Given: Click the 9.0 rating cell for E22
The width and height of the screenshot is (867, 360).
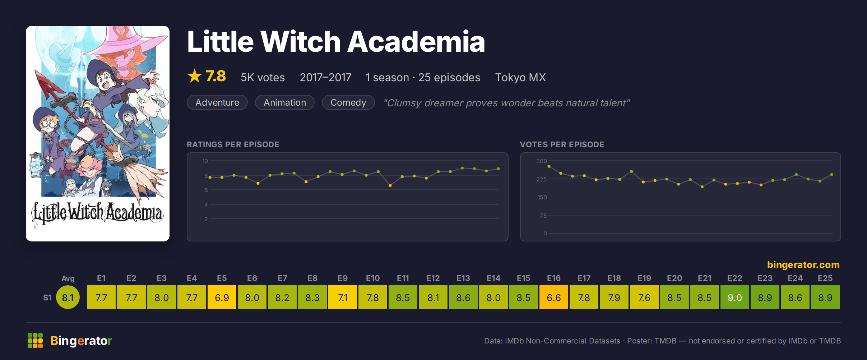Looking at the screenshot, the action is click(x=734, y=297).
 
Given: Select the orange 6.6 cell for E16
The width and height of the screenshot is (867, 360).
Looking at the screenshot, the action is click(x=553, y=297).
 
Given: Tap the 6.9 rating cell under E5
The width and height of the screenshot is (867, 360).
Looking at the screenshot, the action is click(x=222, y=297).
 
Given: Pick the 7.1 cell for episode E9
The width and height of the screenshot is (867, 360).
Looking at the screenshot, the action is click(x=342, y=297).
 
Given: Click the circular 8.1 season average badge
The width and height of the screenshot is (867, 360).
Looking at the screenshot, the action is click(x=68, y=297).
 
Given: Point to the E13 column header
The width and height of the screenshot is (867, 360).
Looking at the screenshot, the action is click(x=463, y=278).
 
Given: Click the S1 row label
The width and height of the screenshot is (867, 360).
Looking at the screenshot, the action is click(x=47, y=297).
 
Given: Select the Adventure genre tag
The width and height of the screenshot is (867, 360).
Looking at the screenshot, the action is click(x=217, y=102).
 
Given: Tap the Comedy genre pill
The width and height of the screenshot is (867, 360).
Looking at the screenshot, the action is click(x=348, y=102).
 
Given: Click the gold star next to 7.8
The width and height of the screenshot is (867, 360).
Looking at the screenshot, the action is click(x=195, y=76).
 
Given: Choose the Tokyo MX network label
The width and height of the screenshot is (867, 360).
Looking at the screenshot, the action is click(x=520, y=77).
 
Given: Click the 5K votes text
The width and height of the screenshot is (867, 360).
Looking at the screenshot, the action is click(x=263, y=77).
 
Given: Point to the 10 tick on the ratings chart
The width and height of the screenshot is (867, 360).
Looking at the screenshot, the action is click(x=205, y=161).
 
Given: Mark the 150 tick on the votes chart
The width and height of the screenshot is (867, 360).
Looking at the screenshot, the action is click(x=542, y=197).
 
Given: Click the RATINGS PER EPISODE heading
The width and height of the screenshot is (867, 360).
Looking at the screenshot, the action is click(x=233, y=144).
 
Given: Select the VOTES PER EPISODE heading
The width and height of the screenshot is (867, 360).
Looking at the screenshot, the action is click(x=562, y=144).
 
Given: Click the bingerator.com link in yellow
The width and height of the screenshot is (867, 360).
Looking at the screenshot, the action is click(x=803, y=265).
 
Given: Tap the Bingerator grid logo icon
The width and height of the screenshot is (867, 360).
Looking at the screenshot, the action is click(x=35, y=341).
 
